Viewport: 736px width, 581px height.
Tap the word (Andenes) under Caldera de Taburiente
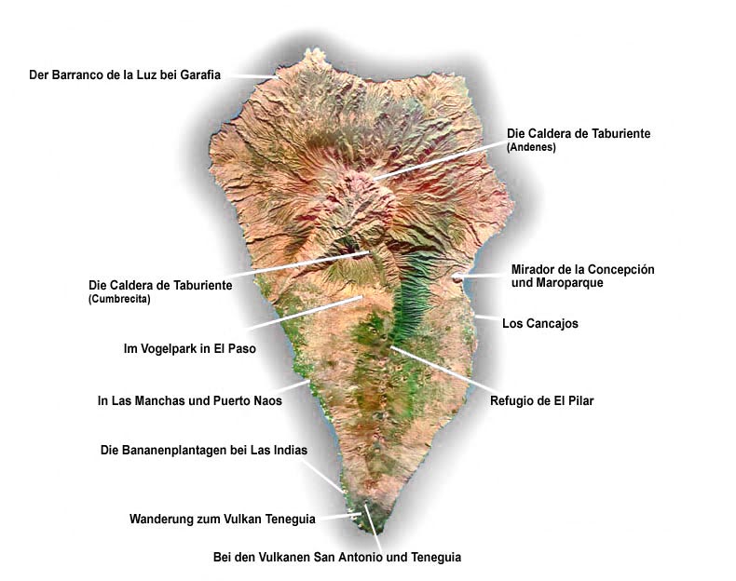531,148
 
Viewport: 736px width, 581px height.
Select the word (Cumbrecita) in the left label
119,300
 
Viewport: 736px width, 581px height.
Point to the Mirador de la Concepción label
582,269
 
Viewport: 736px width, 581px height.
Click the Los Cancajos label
540,324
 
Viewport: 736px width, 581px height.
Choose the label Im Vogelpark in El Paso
189,349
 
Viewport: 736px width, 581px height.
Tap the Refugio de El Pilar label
541,401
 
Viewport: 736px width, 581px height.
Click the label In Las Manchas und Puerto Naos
189,401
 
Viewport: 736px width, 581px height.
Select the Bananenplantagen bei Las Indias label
203,450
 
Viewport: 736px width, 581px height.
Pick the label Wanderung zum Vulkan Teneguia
222,518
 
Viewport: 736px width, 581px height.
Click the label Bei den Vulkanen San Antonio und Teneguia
337,558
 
